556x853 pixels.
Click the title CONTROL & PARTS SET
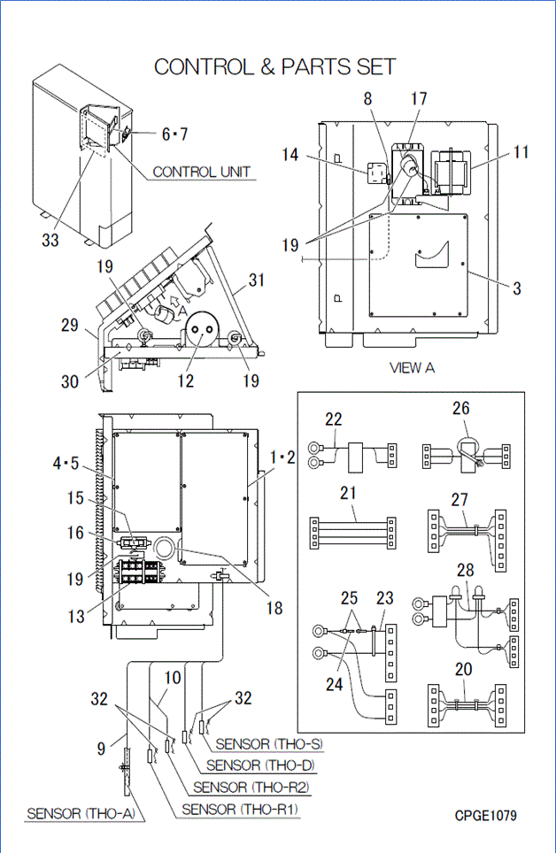click(274, 66)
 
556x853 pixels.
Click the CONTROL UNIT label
click(201, 172)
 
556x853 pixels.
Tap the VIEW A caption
click(412, 368)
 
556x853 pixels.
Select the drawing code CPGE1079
click(486, 815)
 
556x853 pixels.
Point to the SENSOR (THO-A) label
click(81, 813)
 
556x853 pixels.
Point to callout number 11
click(521, 151)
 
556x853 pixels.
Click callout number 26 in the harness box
click(461, 409)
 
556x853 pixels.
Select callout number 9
click(103, 748)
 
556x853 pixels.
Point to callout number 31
click(257, 280)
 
